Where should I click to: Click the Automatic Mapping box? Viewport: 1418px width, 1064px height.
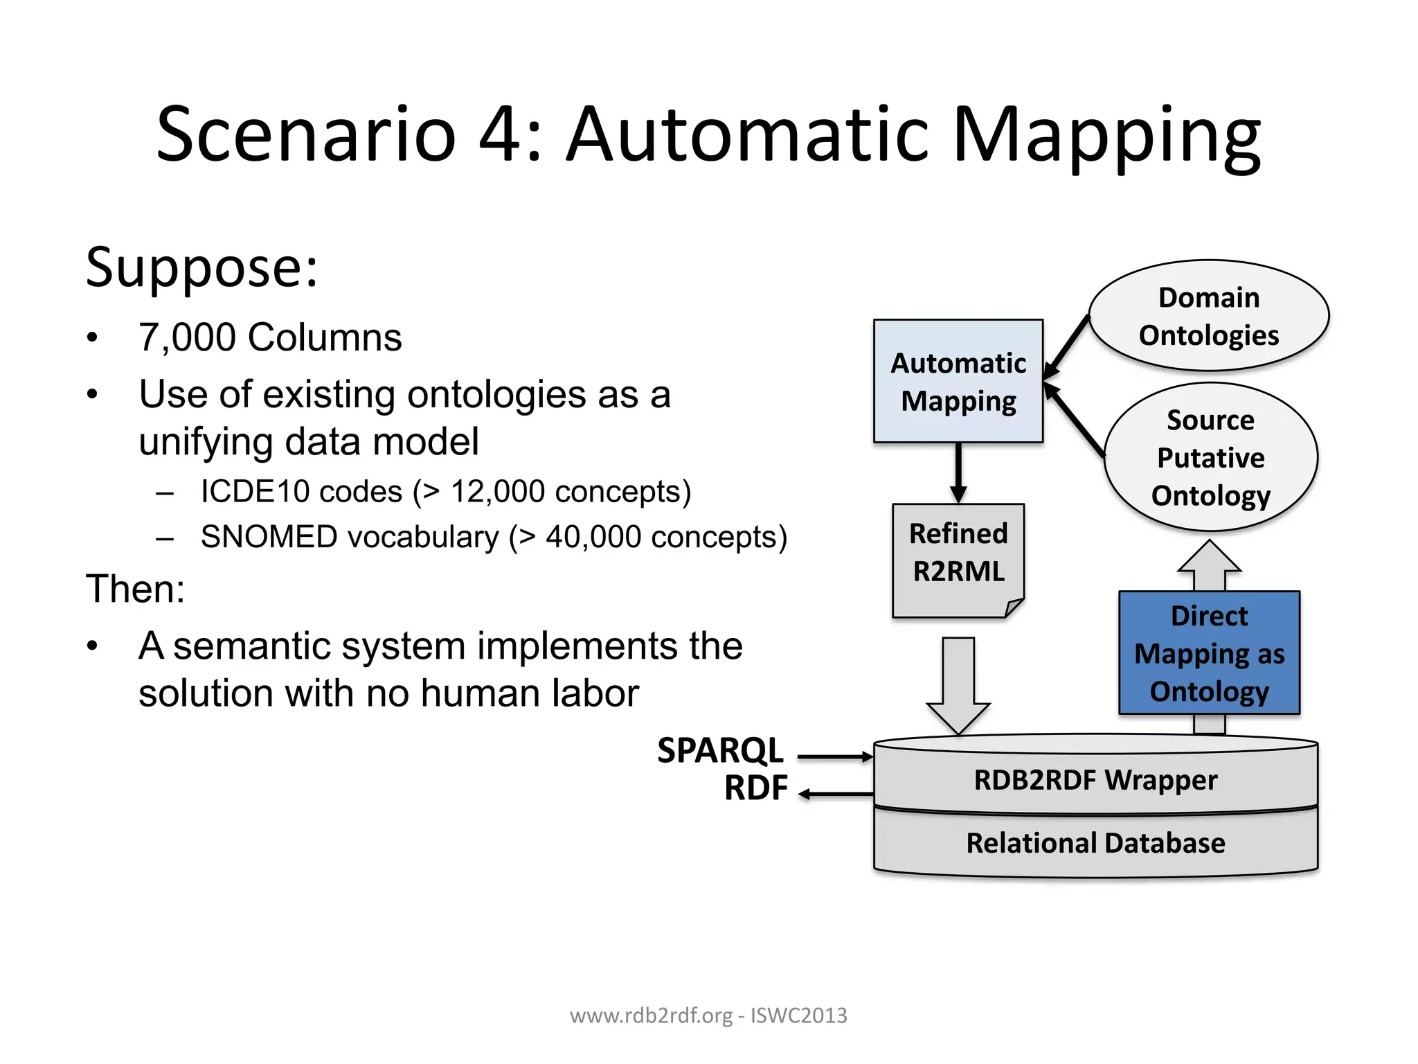point(958,381)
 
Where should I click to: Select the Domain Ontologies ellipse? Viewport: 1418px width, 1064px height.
point(1208,316)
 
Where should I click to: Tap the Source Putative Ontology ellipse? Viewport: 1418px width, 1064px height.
point(1210,457)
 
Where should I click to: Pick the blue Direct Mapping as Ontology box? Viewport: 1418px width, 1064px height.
point(1209,653)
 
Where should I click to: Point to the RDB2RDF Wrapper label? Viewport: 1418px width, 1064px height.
point(1095,780)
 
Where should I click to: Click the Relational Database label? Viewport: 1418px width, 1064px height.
point(1095,843)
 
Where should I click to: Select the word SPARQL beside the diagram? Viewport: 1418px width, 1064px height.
point(720,750)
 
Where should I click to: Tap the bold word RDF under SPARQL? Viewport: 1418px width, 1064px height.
point(755,788)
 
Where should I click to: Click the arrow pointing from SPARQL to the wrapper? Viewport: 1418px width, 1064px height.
point(835,757)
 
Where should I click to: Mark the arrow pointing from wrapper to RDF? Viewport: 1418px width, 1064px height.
point(835,794)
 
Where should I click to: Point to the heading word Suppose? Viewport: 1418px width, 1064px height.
point(201,267)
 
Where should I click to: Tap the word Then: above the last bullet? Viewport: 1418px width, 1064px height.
point(136,589)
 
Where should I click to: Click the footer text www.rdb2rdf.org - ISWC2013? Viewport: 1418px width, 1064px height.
point(708,1016)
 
